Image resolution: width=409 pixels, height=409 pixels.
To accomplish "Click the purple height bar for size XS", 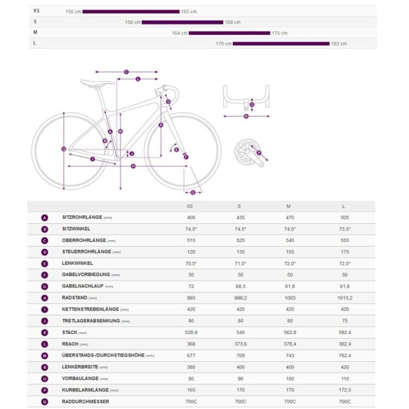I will pos(131,11).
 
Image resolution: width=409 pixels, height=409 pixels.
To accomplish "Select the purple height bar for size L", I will pos(281,43).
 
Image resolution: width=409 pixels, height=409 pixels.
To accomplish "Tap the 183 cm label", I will pos(339,43).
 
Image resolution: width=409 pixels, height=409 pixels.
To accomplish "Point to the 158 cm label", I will pos(133,22).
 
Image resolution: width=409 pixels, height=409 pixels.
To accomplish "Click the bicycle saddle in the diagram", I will pos(97,83).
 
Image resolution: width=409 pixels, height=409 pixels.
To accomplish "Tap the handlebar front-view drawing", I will pos(246,97).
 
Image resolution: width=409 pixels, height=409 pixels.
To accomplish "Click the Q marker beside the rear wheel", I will pos(63,149).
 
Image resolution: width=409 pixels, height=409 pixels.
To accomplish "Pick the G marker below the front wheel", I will pos(193,192).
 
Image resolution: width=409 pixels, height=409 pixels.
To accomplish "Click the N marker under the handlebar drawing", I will pos(246,116).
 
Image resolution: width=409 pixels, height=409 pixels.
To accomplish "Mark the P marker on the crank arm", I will pos(259,153).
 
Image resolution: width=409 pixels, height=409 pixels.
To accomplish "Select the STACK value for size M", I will pos(290,333).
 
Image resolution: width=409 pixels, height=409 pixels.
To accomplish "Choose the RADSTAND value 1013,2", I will pos(343,298).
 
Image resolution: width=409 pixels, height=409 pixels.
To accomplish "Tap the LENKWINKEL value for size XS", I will pos(191,263).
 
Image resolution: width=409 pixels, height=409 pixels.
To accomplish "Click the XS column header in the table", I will pos(189,207).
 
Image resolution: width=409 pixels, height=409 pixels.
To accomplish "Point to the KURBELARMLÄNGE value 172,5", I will pos(343,390).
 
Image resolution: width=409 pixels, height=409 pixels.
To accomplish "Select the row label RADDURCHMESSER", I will pos(85,401).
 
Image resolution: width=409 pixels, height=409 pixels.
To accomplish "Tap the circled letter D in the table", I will pos(45,252).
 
